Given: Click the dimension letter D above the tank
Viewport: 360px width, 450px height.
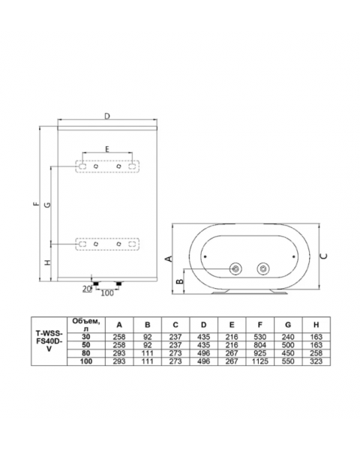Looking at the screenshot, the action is tap(107, 116).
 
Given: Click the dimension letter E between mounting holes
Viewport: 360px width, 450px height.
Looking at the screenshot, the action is tap(107, 149).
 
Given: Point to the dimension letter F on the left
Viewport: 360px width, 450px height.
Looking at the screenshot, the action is tap(35, 204).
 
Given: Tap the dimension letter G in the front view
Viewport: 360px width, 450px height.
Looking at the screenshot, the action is tap(48, 205).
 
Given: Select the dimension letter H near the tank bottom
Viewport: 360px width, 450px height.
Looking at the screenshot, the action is tap(48, 262).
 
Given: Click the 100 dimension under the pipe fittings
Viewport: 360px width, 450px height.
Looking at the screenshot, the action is tap(107, 292).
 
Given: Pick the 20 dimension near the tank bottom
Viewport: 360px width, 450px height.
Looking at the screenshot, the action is tap(87, 289).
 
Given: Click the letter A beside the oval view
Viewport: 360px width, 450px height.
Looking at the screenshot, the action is tap(169, 259).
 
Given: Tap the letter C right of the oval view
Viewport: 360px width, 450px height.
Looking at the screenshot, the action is tap(324, 256).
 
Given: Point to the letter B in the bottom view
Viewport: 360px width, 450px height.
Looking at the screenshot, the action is tap(180, 281).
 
